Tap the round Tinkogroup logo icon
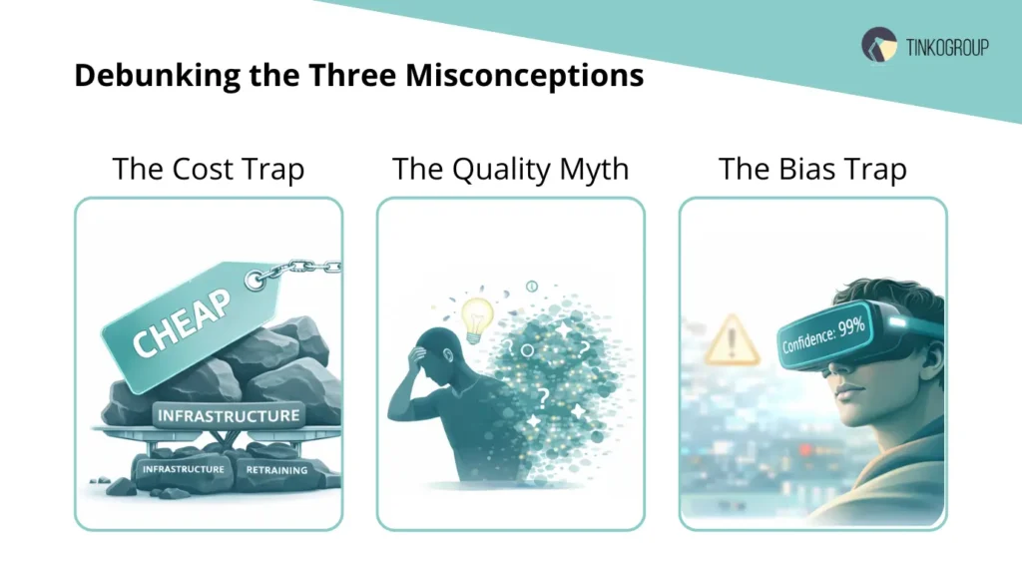tap(878, 46)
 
